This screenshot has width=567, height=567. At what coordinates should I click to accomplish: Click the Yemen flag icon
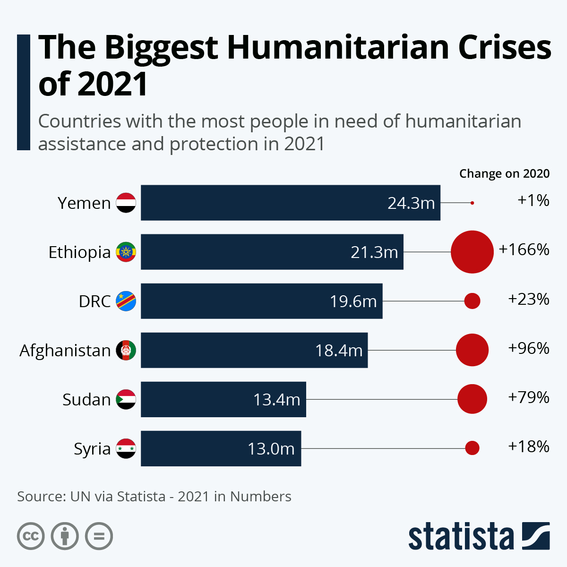coord(126,203)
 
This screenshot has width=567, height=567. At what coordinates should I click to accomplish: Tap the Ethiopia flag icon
coord(126,252)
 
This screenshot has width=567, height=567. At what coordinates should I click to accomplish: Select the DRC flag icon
coord(126,301)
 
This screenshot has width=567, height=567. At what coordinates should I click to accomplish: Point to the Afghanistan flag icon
coord(126,350)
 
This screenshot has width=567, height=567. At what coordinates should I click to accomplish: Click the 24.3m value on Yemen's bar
coord(411,203)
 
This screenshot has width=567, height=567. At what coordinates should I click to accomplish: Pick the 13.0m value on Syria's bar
coord(271,448)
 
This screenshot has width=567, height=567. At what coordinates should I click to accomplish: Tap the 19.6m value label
coord(353,301)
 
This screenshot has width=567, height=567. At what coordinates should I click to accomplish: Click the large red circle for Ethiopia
coord(472,252)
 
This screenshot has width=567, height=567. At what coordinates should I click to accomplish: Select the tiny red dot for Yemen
coord(472,203)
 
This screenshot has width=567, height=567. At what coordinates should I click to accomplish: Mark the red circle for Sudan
coord(472,399)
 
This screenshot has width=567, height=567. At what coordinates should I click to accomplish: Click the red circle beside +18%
coord(472,448)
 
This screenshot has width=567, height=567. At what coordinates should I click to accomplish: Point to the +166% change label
coord(524,249)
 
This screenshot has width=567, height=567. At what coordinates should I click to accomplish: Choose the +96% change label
coord(529,348)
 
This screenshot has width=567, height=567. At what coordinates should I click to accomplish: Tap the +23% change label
coord(529,299)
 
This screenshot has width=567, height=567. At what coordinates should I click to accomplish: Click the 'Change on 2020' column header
coord(504,173)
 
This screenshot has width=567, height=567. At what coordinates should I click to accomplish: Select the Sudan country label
coord(86,400)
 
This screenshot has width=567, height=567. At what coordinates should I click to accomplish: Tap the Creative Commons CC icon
coord(31,536)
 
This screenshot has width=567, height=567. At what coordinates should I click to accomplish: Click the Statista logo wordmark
coord(461,537)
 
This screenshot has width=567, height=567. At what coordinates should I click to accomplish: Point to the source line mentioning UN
coord(154,497)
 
